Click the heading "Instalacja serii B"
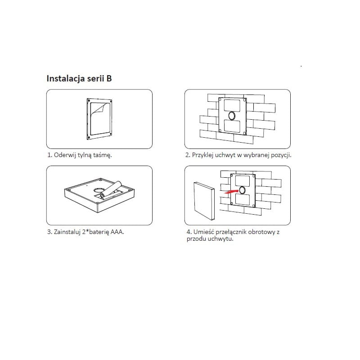click(x=79, y=78)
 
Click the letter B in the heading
click(x=109, y=78)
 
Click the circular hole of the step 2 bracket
click(x=232, y=116)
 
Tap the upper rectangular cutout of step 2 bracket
click(x=232, y=105)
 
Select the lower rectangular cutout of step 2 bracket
click(x=232, y=126)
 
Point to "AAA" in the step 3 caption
click(x=117, y=232)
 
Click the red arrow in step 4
click(x=231, y=192)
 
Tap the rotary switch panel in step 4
click(x=204, y=201)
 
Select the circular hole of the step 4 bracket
click(x=242, y=190)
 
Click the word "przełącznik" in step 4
click(x=230, y=232)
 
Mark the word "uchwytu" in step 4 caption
click(x=220, y=239)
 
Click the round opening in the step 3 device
click(x=99, y=190)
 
